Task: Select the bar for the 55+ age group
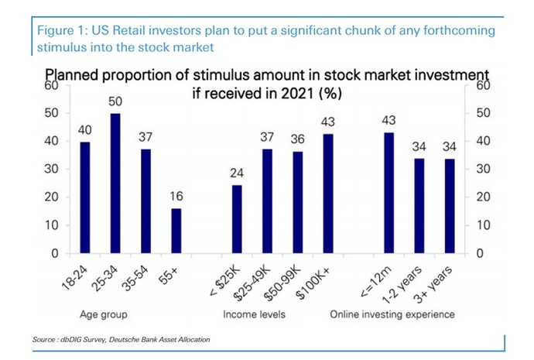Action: coord(176,231)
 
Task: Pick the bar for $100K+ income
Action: coord(329,194)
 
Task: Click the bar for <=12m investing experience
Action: coord(389,193)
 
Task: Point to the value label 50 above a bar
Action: coord(115,102)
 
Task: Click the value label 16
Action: coord(176,197)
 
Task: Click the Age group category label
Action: coord(103,315)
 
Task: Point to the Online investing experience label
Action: coord(392,315)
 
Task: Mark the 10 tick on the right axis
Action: coord(481,225)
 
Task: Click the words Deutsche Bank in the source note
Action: coord(134,339)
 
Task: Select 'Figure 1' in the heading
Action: coord(58,30)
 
